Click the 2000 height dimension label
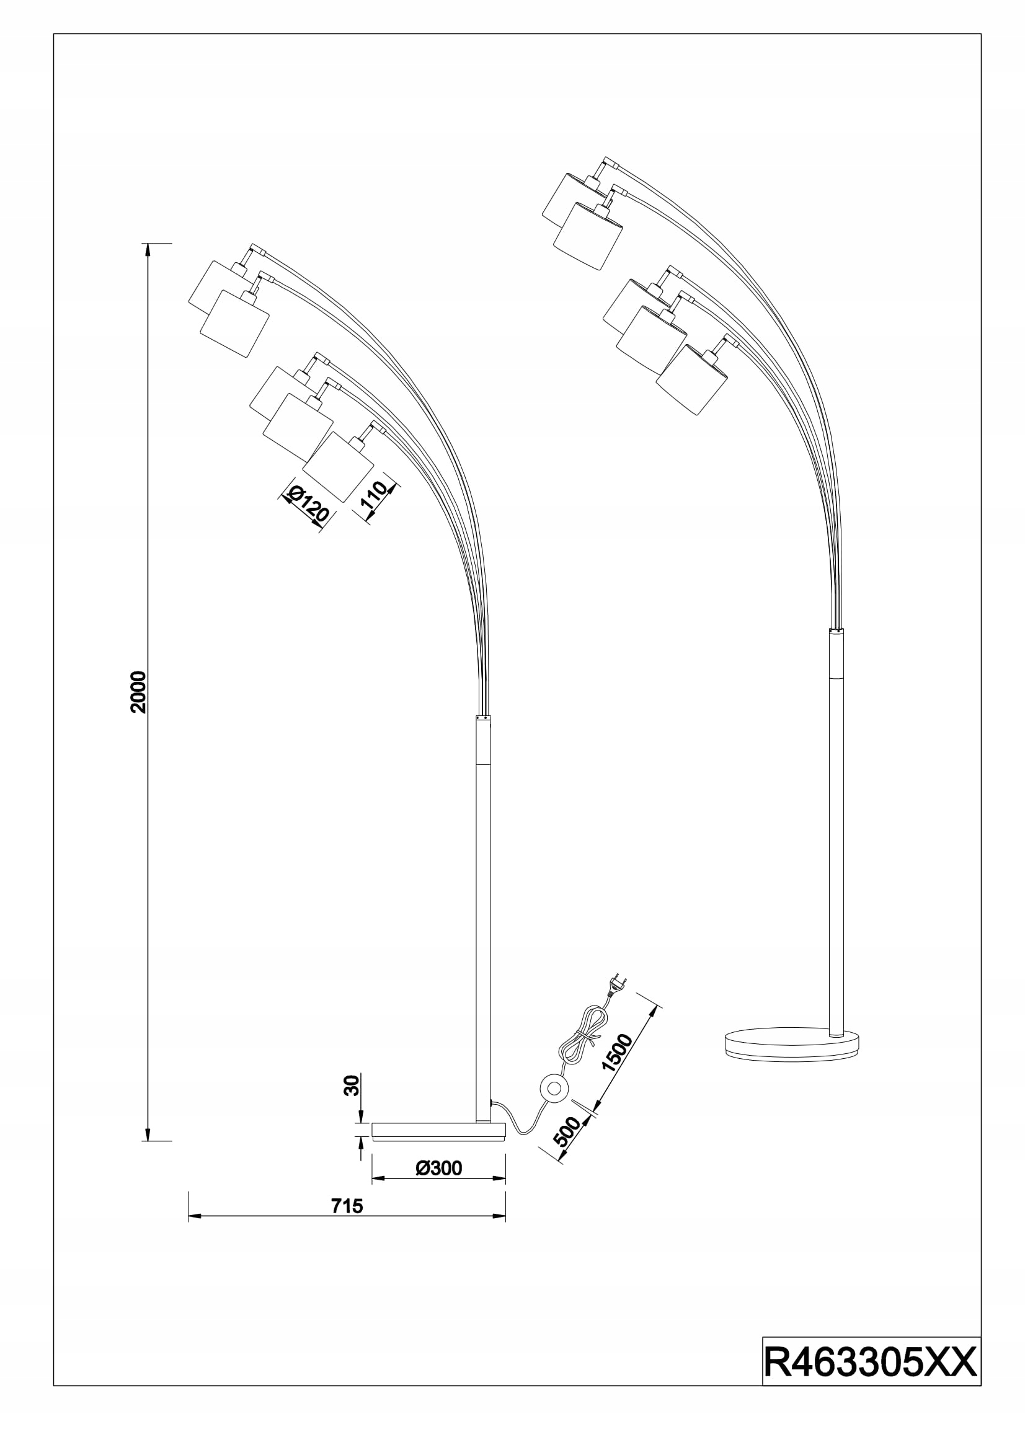coord(138,692)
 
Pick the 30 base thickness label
coord(352,1085)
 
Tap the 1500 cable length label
coord(616,1052)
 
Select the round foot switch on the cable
coord(555,1087)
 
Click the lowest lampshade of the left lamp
coord(338,467)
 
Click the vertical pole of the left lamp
coord(482,916)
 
